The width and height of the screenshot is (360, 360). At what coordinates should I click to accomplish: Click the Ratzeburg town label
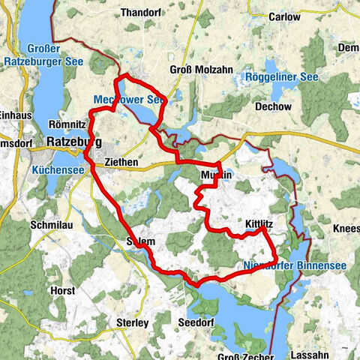(73, 140)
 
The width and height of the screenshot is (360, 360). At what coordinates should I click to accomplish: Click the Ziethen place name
(119, 160)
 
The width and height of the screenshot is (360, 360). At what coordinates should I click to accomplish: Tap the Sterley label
(132, 322)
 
